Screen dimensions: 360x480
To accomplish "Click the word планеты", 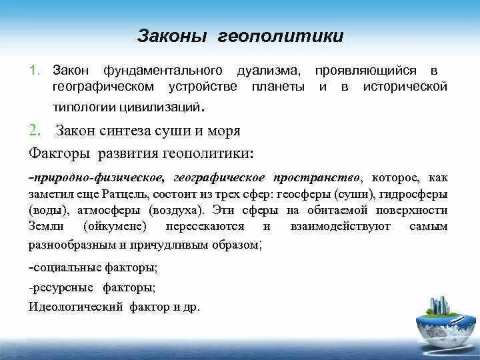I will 279,87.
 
